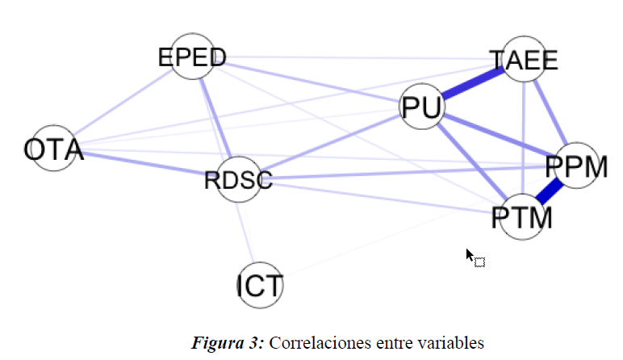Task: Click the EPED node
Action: click(x=191, y=57)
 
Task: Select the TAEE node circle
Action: click(x=525, y=60)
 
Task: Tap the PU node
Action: click(x=421, y=108)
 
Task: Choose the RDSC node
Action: click(x=239, y=179)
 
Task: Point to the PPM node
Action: click(x=576, y=167)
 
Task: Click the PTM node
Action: click(x=521, y=217)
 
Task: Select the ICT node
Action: click(x=260, y=286)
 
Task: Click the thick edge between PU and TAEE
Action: click(x=473, y=84)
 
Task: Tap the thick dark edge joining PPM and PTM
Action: click(x=550, y=192)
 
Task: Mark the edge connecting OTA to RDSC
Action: click(x=145, y=165)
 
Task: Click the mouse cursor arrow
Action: click(x=470, y=254)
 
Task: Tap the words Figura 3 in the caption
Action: click(x=227, y=342)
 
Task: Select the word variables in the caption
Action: click(x=453, y=342)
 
